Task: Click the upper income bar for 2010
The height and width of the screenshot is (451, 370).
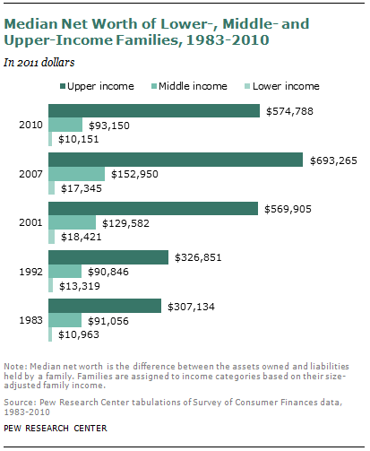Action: tap(154, 110)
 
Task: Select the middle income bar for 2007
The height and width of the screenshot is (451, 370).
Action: tap(77, 174)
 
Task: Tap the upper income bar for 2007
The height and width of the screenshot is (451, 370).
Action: tap(176, 160)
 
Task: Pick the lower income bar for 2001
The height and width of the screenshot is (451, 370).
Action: tap(52, 237)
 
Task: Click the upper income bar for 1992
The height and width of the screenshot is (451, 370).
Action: tap(108, 257)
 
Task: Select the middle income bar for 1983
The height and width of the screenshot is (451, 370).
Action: tap(65, 320)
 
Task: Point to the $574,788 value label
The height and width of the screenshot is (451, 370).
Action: tap(289, 111)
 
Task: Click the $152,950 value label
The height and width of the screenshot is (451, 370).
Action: tap(134, 174)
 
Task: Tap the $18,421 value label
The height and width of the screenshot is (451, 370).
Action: tap(82, 237)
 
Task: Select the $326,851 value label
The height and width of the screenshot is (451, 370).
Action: tap(198, 257)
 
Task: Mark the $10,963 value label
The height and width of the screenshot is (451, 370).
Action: tap(79, 334)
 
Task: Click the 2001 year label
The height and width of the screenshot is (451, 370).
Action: tap(30, 222)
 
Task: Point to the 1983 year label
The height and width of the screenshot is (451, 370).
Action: tap(30, 320)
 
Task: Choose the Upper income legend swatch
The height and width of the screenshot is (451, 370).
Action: tap(63, 86)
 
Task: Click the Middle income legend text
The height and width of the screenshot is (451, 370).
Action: tap(193, 86)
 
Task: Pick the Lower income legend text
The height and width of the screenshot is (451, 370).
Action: tap(286, 86)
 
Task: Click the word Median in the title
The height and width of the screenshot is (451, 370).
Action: tap(30, 24)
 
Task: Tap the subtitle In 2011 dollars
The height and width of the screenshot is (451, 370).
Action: tap(39, 63)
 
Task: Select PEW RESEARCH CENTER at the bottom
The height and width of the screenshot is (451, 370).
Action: tap(56, 429)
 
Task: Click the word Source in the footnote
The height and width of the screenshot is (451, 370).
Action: tap(20, 403)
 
